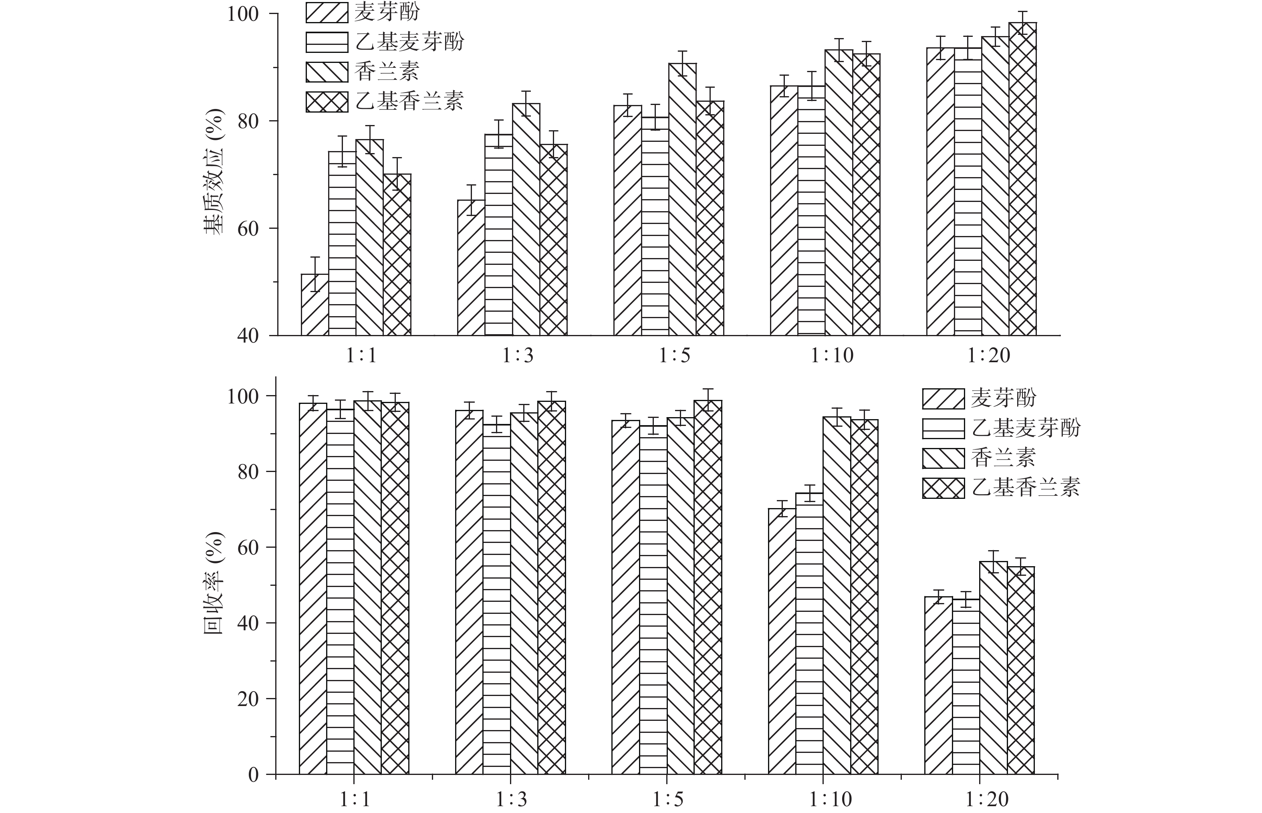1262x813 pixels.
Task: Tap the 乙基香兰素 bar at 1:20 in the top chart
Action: (1022, 179)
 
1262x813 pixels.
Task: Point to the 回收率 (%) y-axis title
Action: (214, 583)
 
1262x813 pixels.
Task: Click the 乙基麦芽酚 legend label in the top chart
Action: (409, 42)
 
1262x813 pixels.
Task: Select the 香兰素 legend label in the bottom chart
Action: (1003, 457)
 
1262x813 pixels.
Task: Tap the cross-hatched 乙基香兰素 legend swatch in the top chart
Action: (327, 101)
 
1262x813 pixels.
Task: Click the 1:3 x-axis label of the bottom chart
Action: (511, 800)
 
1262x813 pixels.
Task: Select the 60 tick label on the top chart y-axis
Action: (248, 228)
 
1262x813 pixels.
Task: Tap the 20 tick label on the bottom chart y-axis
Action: (248, 699)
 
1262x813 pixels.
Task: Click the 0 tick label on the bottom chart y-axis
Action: (253, 775)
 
